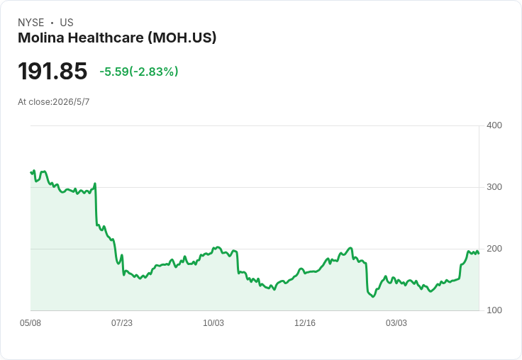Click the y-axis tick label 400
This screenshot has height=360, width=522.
pos(494,125)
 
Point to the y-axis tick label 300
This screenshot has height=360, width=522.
pos(494,187)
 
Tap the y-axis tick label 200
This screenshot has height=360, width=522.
pos(494,249)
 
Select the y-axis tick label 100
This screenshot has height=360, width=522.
pos(494,310)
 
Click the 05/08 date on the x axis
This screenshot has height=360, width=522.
pos(30,323)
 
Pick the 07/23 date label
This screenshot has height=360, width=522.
pos(122,323)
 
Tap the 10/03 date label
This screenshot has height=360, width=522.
pos(213,323)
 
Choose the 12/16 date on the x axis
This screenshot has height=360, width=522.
pos(305,323)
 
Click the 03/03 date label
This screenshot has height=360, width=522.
pos(396,323)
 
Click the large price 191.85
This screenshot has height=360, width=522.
pos(52,71)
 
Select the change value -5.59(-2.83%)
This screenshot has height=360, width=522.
pos(139,72)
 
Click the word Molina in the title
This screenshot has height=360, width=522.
pos(41,38)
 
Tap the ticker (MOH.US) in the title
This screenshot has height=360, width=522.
pos(182,38)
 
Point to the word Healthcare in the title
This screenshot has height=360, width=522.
pos(106,38)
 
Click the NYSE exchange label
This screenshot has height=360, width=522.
pos(31,23)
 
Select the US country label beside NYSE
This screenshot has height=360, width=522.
pos(67,23)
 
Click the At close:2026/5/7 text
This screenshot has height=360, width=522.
pos(54,102)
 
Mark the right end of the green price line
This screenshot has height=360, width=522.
pos(479,254)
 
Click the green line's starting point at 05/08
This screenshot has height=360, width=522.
pos(31,172)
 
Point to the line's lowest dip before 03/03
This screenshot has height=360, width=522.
pos(373,296)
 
